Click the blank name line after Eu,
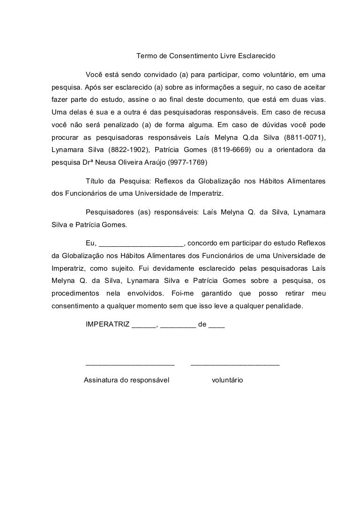pyautogui.click(x=142, y=243)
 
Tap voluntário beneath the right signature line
pyautogui.click(x=227, y=380)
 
